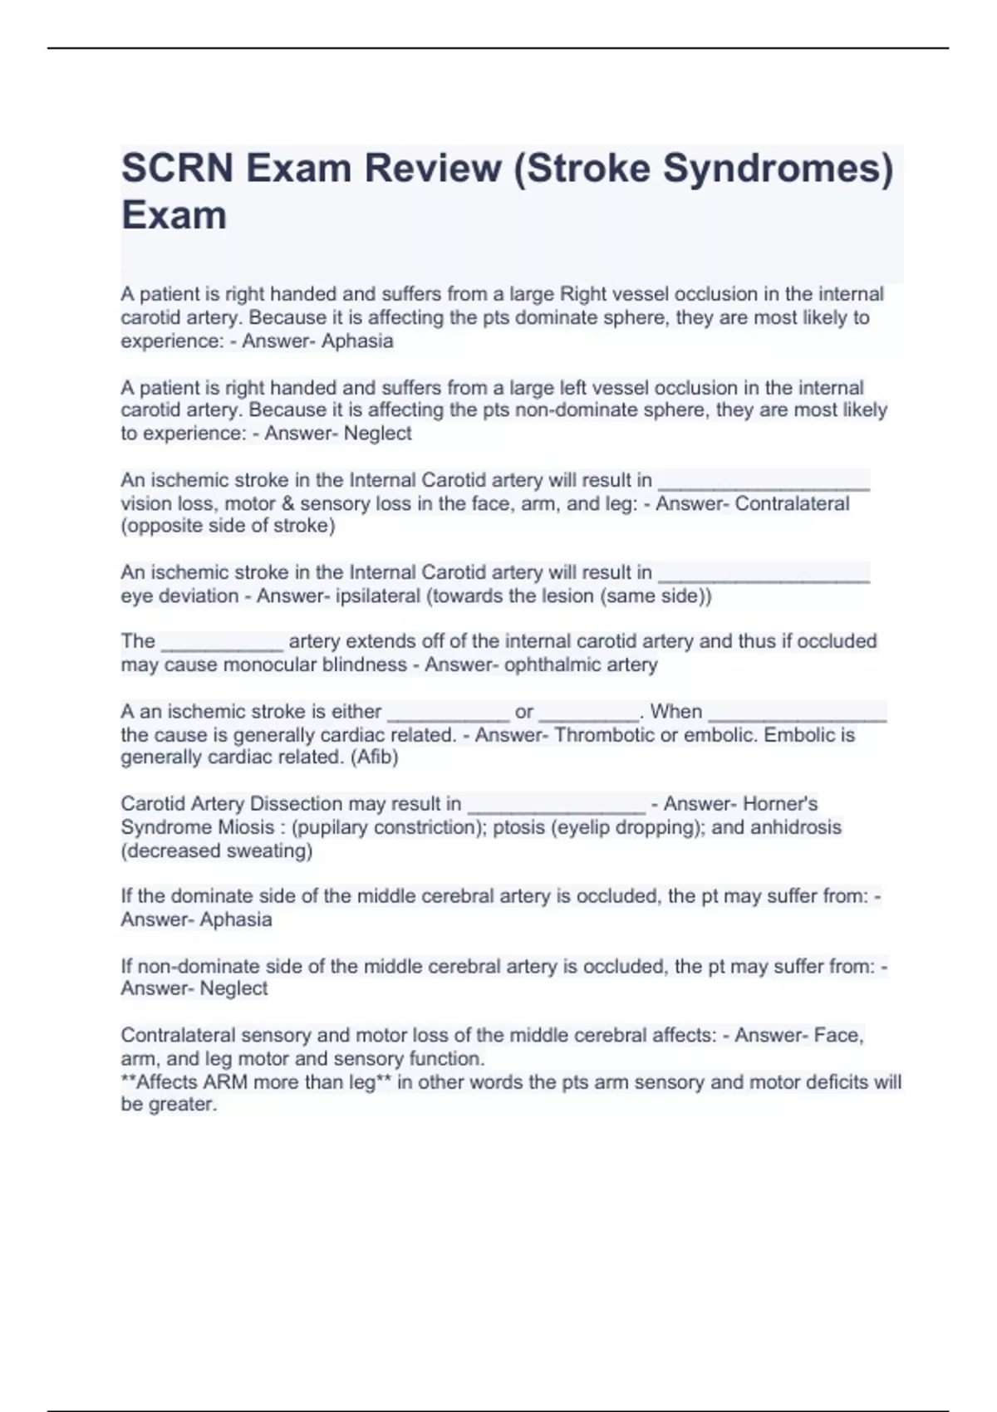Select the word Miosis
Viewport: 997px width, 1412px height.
coord(243,827)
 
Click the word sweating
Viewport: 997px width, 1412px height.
coord(271,851)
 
